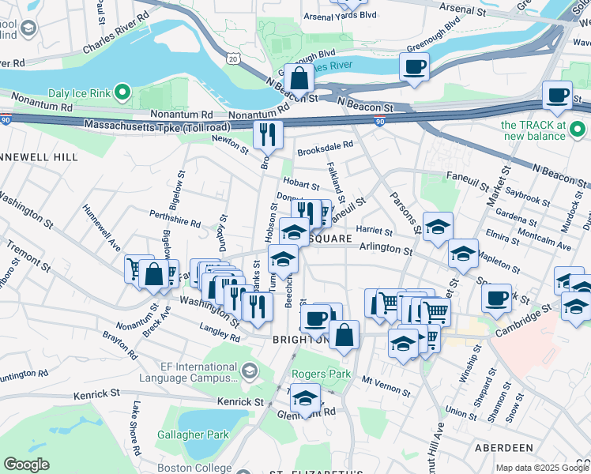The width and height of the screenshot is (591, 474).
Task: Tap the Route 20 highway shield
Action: (231, 58)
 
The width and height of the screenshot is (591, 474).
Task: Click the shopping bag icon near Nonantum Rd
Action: (299, 78)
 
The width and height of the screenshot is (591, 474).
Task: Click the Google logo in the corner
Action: (26, 465)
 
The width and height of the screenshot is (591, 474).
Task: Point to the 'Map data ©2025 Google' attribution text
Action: (541, 468)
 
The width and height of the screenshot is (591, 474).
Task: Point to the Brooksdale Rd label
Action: (325, 148)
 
